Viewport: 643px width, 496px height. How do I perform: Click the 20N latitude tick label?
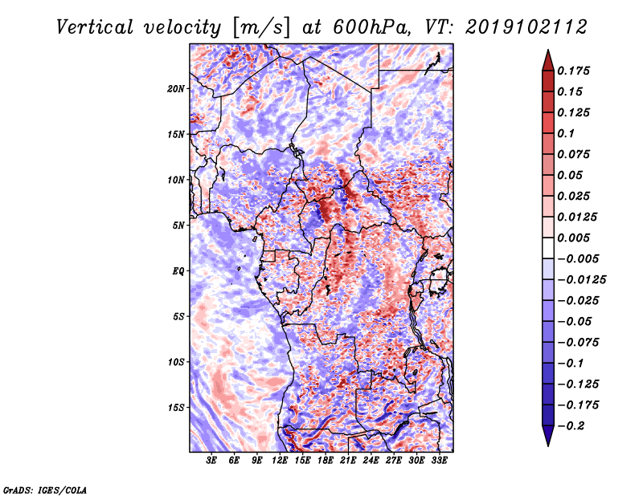[x=176, y=89]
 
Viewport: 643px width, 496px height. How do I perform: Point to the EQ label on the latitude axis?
[x=178, y=271]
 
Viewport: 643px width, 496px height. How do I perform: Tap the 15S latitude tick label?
[x=176, y=408]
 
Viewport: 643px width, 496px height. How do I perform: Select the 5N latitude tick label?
[x=178, y=226]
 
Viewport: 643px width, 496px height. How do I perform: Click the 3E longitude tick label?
[x=211, y=461]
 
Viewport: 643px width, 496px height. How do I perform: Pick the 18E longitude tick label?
[x=326, y=461]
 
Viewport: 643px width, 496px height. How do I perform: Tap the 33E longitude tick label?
[x=439, y=461]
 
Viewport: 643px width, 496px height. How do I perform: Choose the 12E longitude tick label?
[x=280, y=461]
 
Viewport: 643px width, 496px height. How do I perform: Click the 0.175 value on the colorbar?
[x=573, y=71]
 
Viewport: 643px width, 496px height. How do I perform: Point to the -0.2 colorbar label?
[x=571, y=426]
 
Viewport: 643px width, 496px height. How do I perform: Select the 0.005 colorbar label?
[x=573, y=238]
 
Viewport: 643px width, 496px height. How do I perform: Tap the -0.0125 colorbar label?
[x=581, y=280]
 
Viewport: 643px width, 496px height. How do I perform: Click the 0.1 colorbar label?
[x=566, y=133]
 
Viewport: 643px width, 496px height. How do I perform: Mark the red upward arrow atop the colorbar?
[x=548, y=60]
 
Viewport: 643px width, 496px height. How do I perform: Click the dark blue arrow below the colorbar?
[x=548, y=436]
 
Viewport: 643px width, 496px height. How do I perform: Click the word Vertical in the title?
[x=95, y=27]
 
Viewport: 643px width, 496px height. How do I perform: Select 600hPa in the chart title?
[x=371, y=27]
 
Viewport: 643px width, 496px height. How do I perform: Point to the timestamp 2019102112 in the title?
[x=526, y=27]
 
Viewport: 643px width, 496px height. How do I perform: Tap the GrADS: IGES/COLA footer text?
[x=45, y=490]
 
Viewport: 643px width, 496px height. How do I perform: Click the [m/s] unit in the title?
[x=261, y=27]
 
